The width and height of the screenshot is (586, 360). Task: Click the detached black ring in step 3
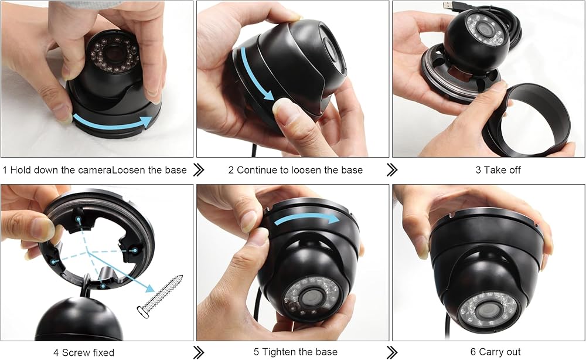coord(526,119)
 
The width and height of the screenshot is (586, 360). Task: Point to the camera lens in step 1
coord(113,54)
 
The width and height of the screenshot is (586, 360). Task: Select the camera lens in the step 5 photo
coord(310,297)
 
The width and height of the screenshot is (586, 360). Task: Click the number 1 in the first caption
coord(5,170)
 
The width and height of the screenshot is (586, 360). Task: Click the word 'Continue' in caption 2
coord(257,170)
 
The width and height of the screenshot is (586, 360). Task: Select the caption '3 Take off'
coord(498,170)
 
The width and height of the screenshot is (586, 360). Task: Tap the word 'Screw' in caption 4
coord(76,352)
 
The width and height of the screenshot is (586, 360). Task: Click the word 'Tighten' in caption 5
coord(280,352)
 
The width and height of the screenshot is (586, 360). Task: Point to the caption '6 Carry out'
coord(495,352)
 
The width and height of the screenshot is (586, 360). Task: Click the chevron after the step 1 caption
coord(199,169)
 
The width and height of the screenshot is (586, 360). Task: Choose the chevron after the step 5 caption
coord(391,352)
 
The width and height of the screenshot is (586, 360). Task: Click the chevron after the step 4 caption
coord(199,352)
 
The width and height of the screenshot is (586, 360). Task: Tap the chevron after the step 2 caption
coord(391,169)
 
